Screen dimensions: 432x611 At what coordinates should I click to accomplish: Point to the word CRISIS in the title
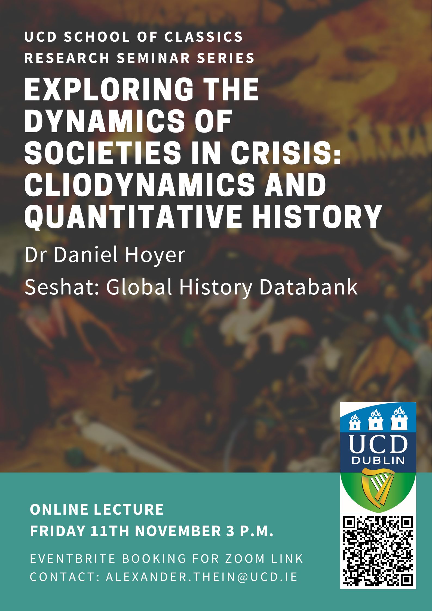tap(286, 152)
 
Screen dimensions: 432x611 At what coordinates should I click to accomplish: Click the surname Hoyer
tap(155, 255)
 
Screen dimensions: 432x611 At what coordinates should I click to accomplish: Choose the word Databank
tap(308, 287)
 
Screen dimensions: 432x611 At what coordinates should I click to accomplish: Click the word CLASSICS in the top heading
tap(204, 37)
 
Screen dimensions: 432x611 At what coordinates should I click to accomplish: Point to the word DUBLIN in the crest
tap(378, 460)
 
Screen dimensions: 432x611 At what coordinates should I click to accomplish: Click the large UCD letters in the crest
tap(378, 443)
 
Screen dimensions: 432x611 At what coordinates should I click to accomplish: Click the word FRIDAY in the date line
tap(57, 531)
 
